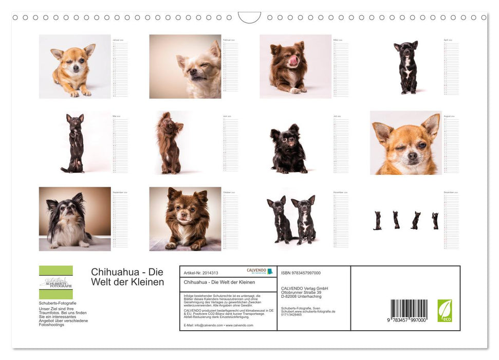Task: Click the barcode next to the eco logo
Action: coord(409,311)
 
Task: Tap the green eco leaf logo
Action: coord(445,311)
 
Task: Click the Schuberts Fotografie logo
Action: coord(56,282)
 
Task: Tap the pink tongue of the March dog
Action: coord(294,60)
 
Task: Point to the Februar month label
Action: coord(229,40)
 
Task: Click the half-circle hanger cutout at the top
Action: coord(249,17)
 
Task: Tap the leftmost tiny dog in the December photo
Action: coord(377,220)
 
